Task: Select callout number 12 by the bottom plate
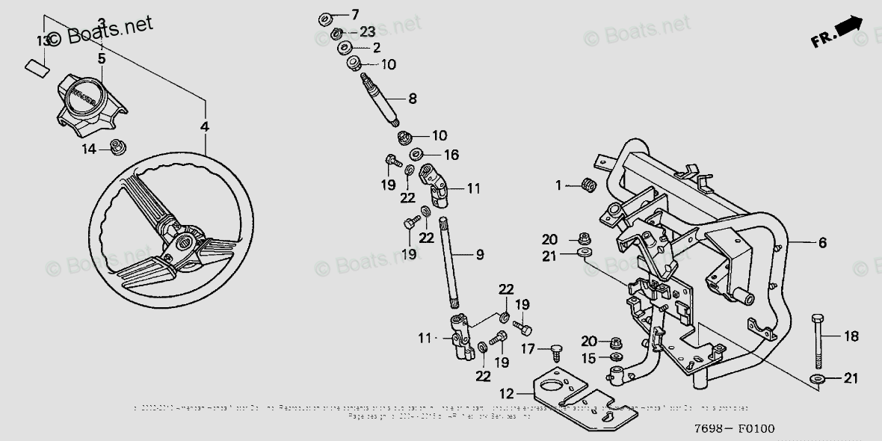[x=507, y=392]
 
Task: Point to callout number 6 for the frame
[x=821, y=242]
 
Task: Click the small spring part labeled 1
[x=588, y=185]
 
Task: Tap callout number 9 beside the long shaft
[x=480, y=255]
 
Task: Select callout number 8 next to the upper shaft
[x=412, y=97]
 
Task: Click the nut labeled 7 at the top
[x=326, y=16]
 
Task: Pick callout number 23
[x=366, y=31]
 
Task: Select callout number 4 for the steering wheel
[x=205, y=127]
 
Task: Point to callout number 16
[x=451, y=155]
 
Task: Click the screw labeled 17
[x=555, y=348]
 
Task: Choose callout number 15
[x=589, y=358]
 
